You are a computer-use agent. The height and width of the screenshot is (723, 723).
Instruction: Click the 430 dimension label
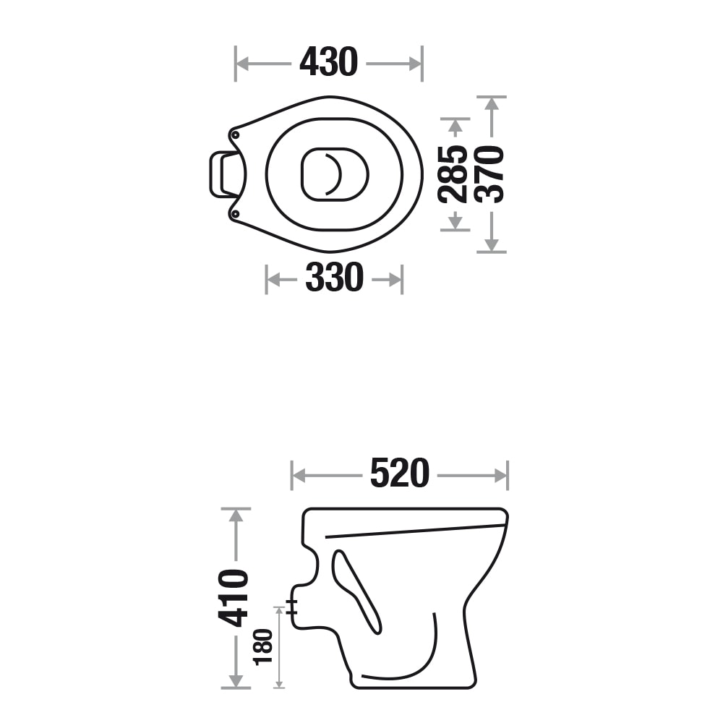[328, 61]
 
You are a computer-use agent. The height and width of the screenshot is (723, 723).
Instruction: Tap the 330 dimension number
[334, 277]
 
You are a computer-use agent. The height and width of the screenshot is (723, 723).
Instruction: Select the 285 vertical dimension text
[453, 174]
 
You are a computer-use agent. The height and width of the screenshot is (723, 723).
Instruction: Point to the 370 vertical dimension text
[489, 174]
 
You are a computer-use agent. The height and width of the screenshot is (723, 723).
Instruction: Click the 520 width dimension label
[400, 473]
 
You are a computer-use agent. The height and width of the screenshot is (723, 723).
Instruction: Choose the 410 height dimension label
[234, 598]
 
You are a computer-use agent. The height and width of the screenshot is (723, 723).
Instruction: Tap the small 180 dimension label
[263, 646]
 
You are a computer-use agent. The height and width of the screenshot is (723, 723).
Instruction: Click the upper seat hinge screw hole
[235, 134]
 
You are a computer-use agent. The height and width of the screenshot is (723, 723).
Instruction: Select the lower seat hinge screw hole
[235, 214]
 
